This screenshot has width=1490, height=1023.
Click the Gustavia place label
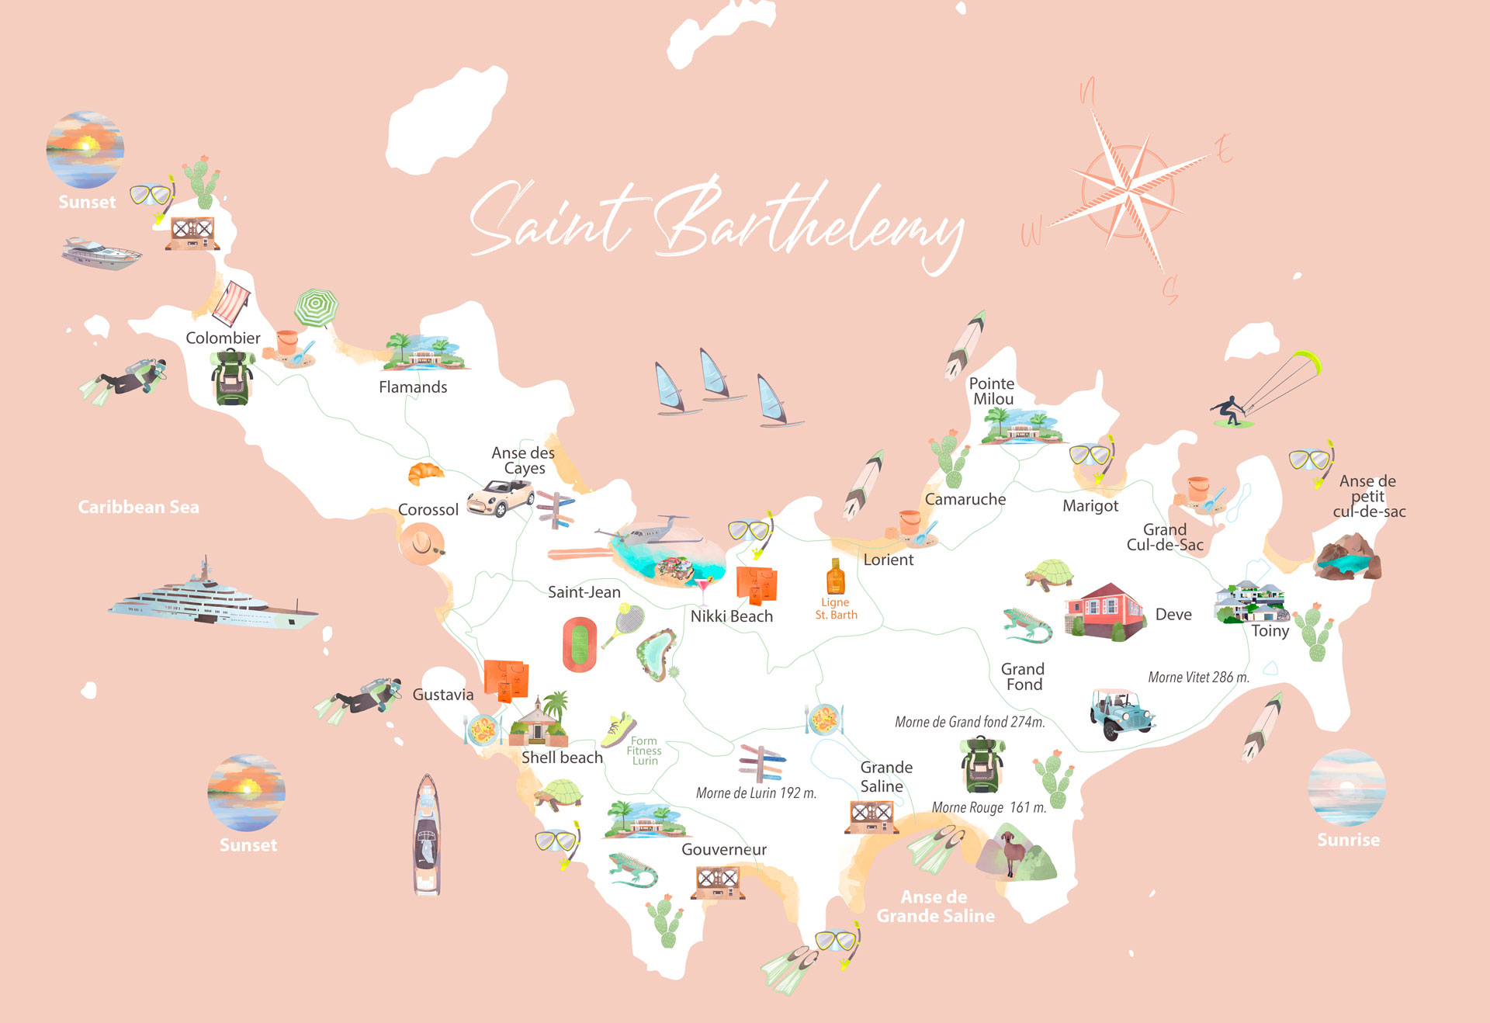[x=442, y=695]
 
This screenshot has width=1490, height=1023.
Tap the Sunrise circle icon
[x=1346, y=787]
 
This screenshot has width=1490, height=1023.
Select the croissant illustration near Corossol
[x=425, y=473]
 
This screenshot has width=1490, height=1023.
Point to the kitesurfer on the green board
[x=1230, y=412]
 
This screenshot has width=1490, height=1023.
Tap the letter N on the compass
[x=1088, y=92]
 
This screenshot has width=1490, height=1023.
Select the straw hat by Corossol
[x=421, y=543]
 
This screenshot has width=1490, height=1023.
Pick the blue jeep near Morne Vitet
[x=1121, y=713]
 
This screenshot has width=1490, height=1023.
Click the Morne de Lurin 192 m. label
[x=756, y=793]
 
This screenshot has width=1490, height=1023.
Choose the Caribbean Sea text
[x=138, y=507]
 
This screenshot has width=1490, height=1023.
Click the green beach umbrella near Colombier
[x=316, y=307]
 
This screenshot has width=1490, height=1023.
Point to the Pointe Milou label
[x=992, y=391]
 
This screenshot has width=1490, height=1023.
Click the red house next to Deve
[x=1104, y=611]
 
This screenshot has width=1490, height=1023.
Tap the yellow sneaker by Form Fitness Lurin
[x=619, y=730]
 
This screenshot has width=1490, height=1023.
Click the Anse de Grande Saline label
[x=935, y=907]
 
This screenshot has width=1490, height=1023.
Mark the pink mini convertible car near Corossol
[x=501, y=498]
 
